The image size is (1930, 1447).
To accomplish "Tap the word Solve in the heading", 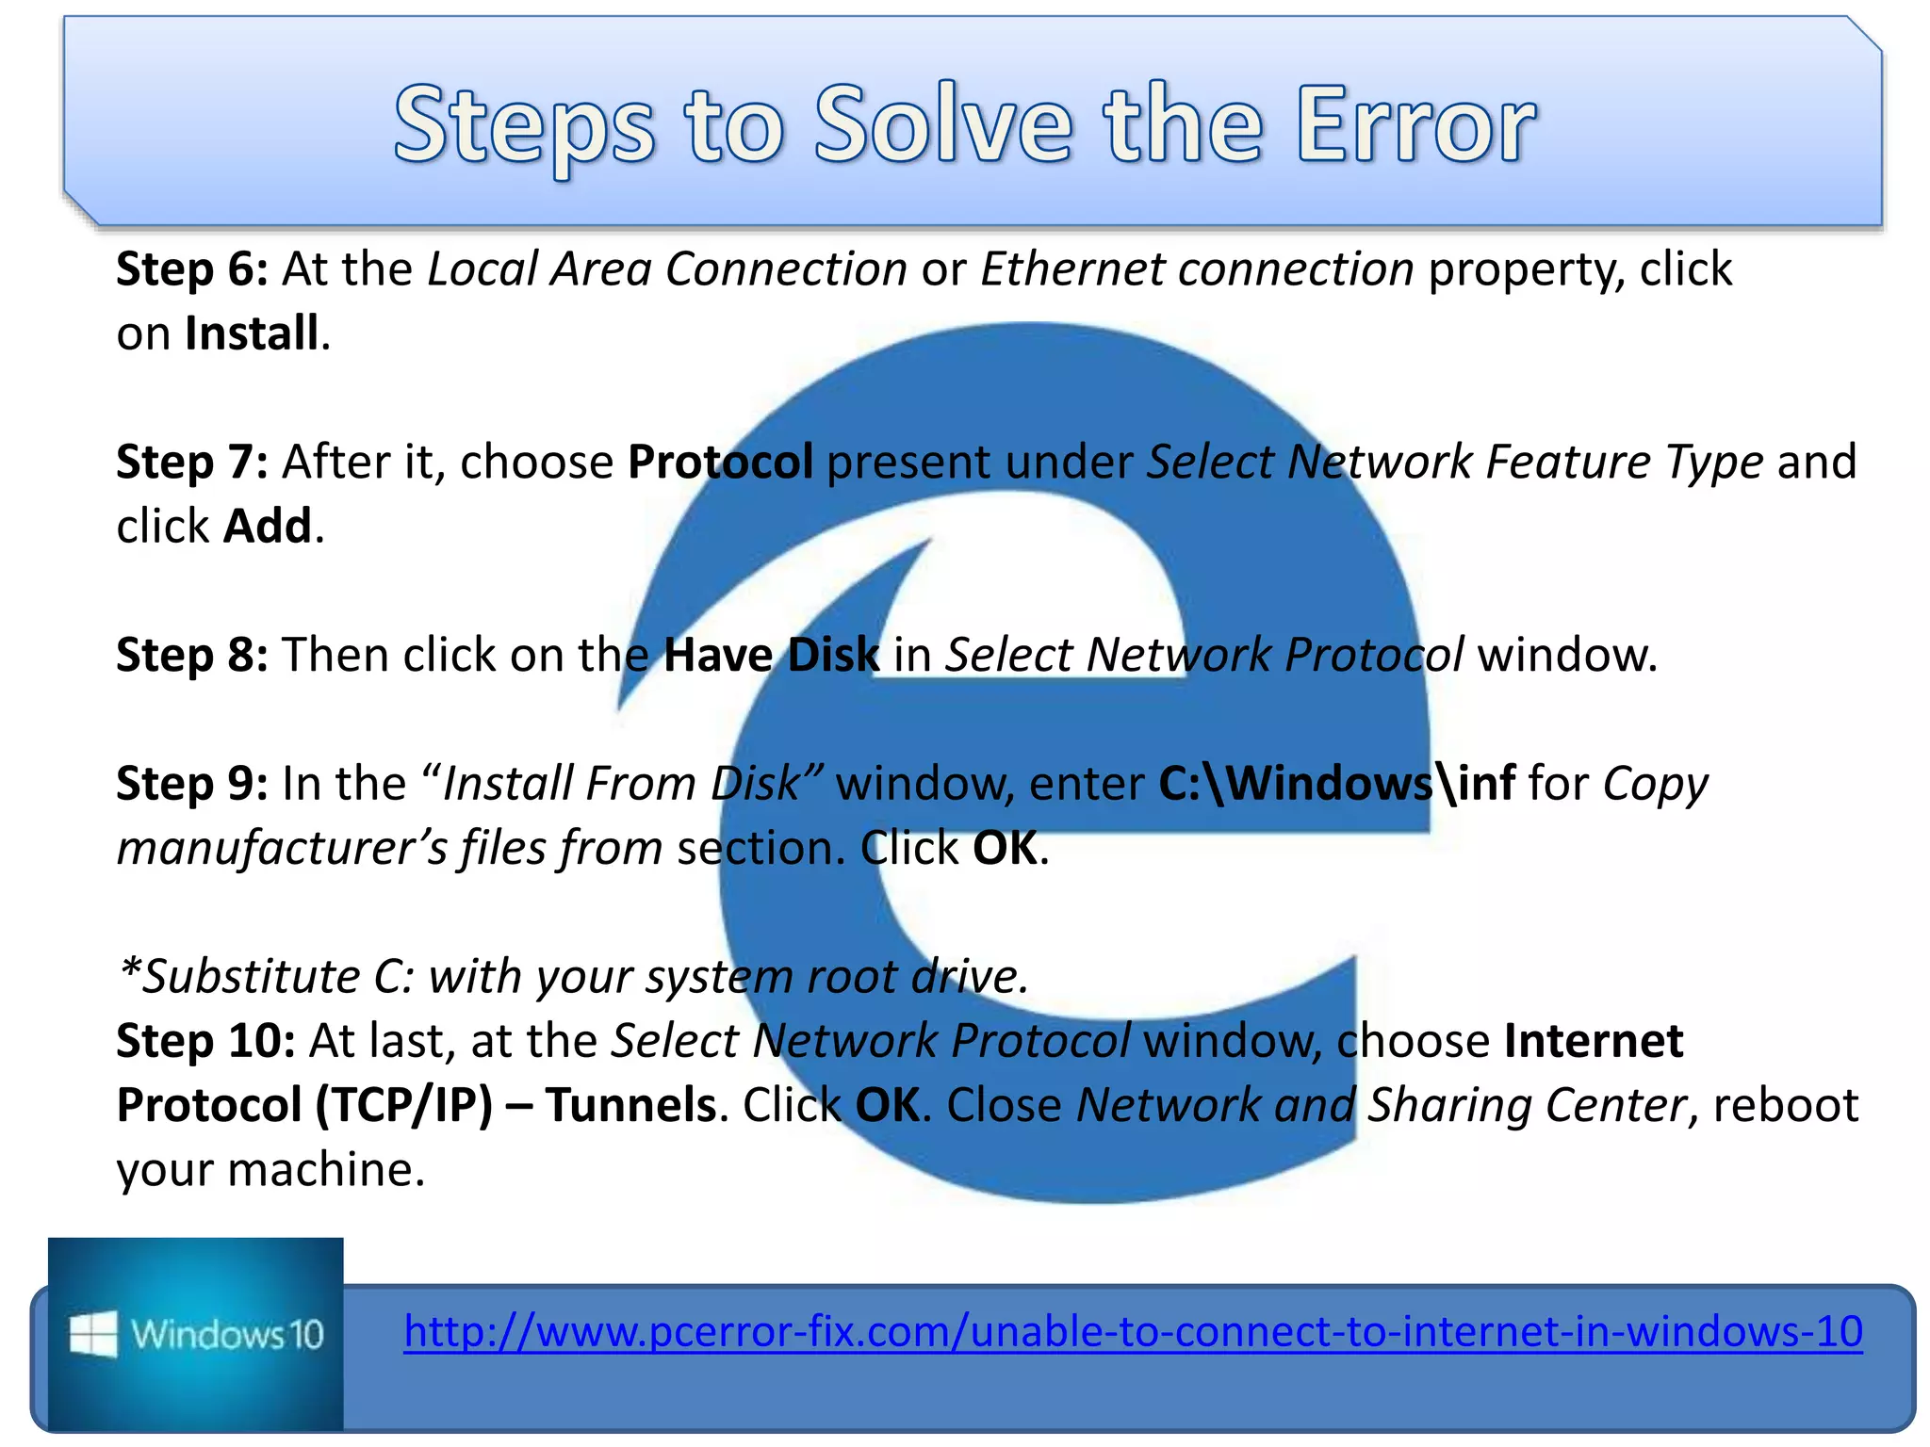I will click(x=942, y=124).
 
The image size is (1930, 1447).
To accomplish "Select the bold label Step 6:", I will click(x=192, y=269).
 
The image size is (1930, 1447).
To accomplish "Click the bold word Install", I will click(x=252, y=333).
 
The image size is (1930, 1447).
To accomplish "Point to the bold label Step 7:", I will click(x=192, y=463).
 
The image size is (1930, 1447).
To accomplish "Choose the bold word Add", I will click(x=267, y=527).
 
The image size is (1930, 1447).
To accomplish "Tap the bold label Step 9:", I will click(x=192, y=784).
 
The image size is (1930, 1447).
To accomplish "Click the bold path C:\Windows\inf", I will click(x=1336, y=784).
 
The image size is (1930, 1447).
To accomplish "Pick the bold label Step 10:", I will click(x=205, y=1042).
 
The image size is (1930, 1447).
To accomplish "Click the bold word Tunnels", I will click(x=630, y=1106).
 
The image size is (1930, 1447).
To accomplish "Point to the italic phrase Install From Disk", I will click(x=621, y=784).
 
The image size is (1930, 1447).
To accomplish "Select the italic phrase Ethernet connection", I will click(x=1197, y=269).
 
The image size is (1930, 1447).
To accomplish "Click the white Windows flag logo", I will click(x=93, y=1334).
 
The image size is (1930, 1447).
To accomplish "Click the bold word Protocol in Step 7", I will click(x=720, y=463).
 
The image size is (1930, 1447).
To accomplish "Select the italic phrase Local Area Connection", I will click(x=667, y=269).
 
